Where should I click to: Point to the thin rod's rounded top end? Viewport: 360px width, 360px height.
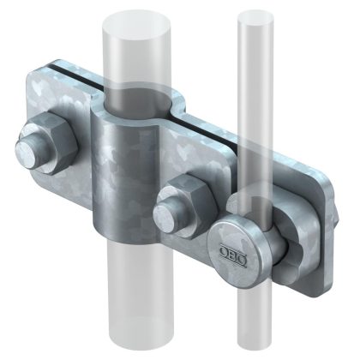pos(249,15)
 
